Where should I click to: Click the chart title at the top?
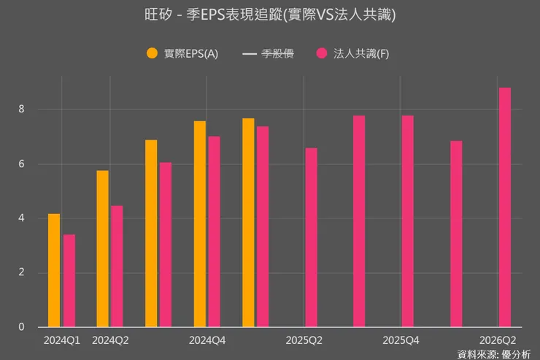pyautogui.click(x=270, y=15)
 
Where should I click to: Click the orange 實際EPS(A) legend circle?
pyautogui.click(x=152, y=53)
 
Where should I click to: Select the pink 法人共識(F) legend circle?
pyautogui.click(x=322, y=53)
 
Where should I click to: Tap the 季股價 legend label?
pyautogui.click(x=277, y=53)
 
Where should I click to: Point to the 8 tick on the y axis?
pyautogui.click(x=23, y=109)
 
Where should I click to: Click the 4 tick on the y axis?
pyautogui.click(x=23, y=218)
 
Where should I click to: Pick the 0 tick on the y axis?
pyautogui.click(x=23, y=327)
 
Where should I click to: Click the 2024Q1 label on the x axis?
pyautogui.click(x=62, y=340)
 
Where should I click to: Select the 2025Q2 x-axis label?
pyautogui.click(x=304, y=340)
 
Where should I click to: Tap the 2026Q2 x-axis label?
pyautogui.click(x=498, y=340)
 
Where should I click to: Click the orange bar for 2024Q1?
pyautogui.click(x=54, y=270)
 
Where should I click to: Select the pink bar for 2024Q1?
pyautogui.click(x=69, y=280)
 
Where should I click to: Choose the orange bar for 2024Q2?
pyautogui.click(x=102, y=248)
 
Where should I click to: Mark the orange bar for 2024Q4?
pyautogui.click(x=199, y=223)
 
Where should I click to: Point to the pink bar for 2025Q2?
pyautogui.click(x=312, y=237)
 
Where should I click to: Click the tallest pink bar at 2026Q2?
pyautogui.click(x=504, y=207)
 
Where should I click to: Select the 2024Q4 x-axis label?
pyautogui.click(x=207, y=340)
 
